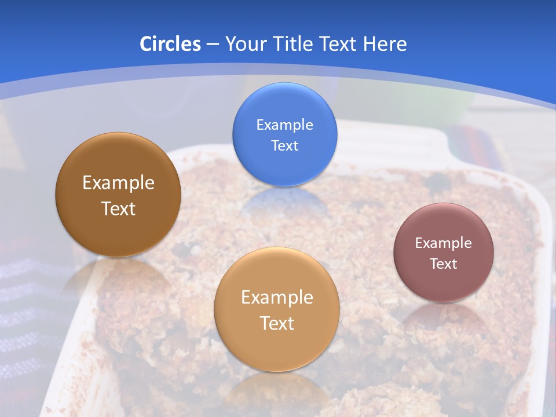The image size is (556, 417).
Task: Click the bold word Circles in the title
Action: click(170, 44)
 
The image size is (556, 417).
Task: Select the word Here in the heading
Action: click(385, 44)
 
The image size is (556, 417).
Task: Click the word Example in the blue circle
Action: click(284, 125)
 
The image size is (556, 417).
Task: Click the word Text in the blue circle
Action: click(284, 146)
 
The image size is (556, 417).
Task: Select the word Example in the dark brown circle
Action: click(118, 183)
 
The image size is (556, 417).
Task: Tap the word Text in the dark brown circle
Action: click(118, 209)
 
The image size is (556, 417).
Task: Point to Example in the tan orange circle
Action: click(277, 298)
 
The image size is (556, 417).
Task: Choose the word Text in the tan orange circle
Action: click(277, 323)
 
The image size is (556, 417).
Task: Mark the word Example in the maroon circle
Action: click(443, 243)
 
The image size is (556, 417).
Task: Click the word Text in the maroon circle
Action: click(443, 264)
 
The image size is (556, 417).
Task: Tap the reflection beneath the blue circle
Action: click(284, 203)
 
